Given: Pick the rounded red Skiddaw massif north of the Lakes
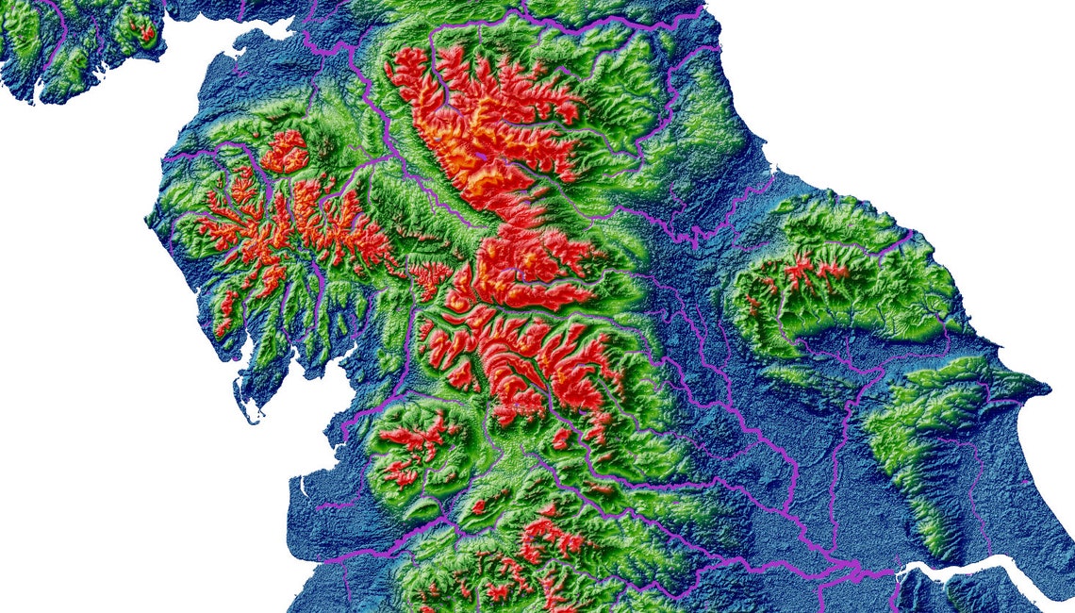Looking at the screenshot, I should click(285, 152).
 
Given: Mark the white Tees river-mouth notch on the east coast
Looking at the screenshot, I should click(771, 171).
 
